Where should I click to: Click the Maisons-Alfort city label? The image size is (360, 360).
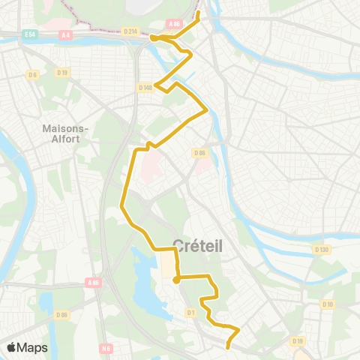click(66, 133)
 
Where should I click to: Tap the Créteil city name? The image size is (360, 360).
click(199, 245)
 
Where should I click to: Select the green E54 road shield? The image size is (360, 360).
click(30, 34)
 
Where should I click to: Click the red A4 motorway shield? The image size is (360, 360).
click(66, 34)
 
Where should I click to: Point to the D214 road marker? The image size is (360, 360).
click(130, 31)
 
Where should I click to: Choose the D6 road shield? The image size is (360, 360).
click(32, 74)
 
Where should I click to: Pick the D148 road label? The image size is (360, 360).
click(145, 87)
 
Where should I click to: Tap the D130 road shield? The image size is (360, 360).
click(322, 250)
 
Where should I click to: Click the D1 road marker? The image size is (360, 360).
click(190, 312)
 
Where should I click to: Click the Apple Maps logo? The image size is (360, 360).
click(26, 347)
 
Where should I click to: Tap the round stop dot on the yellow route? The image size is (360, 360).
click(176, 280)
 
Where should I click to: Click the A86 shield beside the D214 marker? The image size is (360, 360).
click(175, 24)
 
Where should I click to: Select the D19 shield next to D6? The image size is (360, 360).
click(62, 73)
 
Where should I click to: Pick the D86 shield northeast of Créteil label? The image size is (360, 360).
click(199, 153)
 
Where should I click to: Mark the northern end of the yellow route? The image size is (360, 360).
click(199, 12)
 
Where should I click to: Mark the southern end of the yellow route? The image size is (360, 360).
click(227, 347)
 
